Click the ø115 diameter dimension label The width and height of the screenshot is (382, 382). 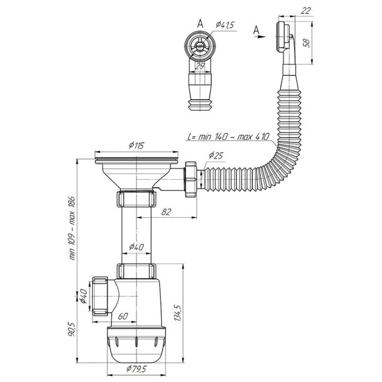(136, 146)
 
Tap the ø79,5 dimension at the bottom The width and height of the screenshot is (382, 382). (136, 369)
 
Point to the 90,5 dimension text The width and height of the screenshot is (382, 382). (71, 329)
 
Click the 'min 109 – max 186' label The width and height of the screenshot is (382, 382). (73, 228)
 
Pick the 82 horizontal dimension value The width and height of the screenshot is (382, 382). (166, 212)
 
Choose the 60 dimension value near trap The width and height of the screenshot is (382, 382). (123, 316)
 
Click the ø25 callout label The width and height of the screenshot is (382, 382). (216, 155)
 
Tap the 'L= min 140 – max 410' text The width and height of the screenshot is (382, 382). (229, 136)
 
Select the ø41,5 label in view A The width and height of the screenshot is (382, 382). (225, 25)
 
